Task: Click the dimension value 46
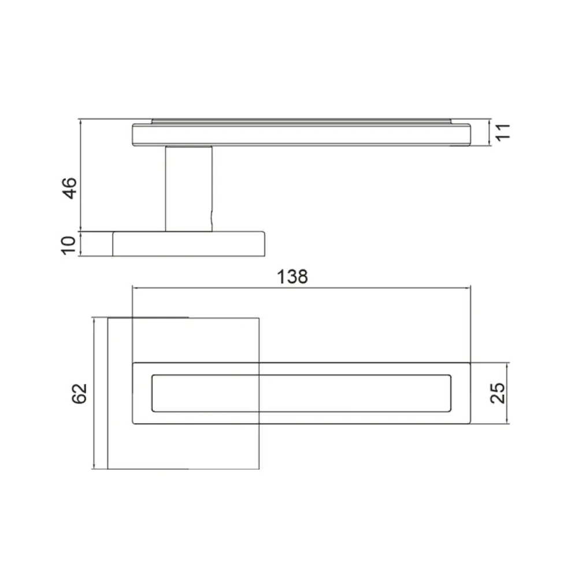tap(69, 188)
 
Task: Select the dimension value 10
tap(69, 245)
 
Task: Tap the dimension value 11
tap(502, 132)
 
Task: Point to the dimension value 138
tap(292, 276)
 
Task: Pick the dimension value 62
tap(79, 394)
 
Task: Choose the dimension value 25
tap(498, 393)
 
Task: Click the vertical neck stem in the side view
tap(189, 189)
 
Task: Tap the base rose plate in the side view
tap(189, 244)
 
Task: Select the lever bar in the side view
tap(301, 135)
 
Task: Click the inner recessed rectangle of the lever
tap(301, 393)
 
